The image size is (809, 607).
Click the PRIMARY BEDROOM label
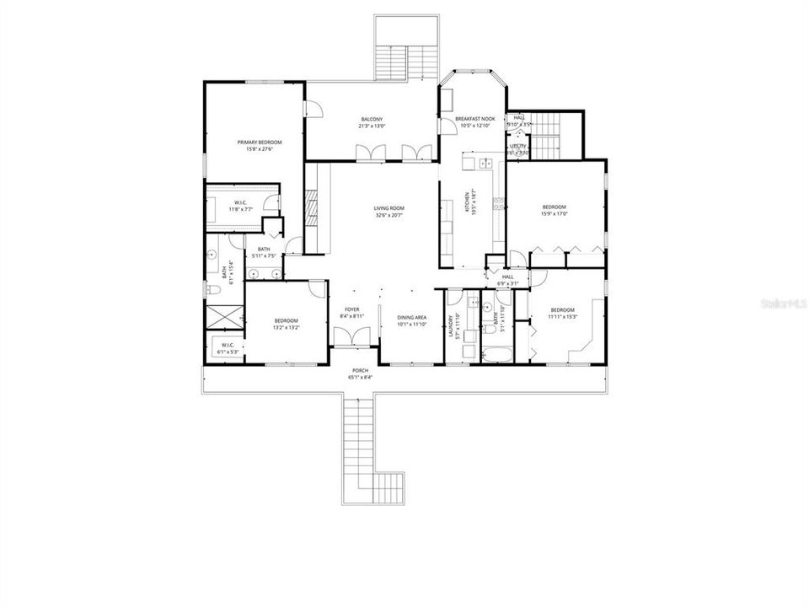coord(264,142)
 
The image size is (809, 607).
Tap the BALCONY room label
coord(372,119)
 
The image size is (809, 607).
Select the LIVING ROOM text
coord(389,208)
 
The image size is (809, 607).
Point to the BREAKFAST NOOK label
coord(475,119)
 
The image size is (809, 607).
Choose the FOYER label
coord(352,309)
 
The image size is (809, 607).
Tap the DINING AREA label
coord(412,318)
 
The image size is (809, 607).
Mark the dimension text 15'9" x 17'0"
coord(554,214)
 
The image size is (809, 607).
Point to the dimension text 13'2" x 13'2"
coord(287,327)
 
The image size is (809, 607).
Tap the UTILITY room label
coord(517,146)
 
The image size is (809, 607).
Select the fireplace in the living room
coord(310,205)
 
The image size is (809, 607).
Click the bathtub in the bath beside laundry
coord(491,357)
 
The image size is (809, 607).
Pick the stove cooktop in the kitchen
coord(498,203)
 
